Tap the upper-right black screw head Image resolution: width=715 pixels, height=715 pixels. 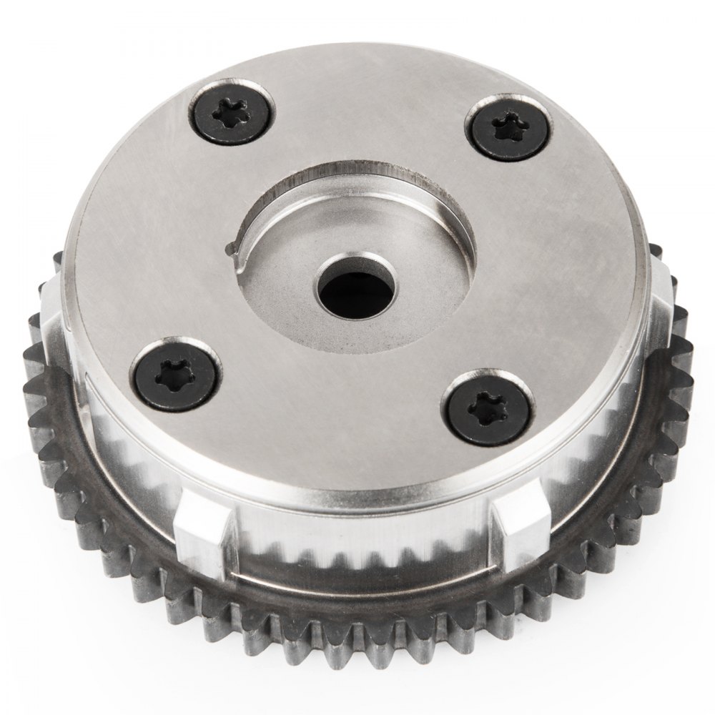tap(513, 128)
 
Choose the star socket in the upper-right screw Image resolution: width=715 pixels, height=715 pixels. tap(513, 128)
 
